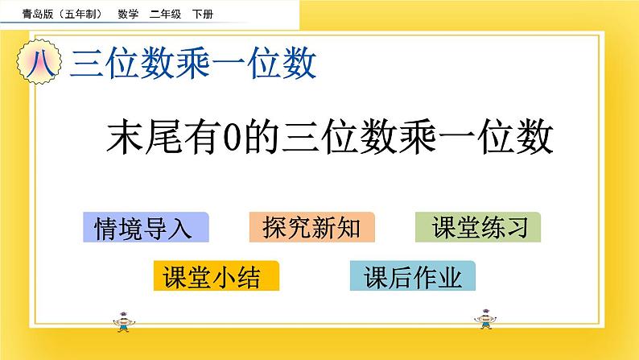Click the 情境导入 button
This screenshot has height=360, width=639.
click(x=145, y=228)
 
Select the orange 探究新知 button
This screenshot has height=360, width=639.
click(x=312, y=228)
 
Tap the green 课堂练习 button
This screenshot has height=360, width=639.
click(x=478, y=228)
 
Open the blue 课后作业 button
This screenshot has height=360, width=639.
click(x=413, y=277)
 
